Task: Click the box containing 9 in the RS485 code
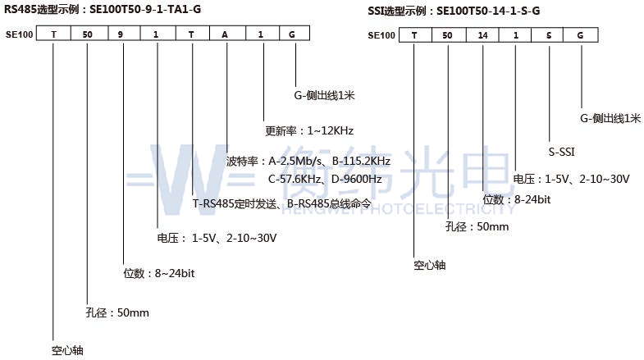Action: (124, 34)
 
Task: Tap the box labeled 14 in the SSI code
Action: (482, 35)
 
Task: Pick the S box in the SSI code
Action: (547, 35)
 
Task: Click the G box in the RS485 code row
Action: (295, 34)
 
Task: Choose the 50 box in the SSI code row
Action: (449, 35)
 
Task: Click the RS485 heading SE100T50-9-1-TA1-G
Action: (145, 9)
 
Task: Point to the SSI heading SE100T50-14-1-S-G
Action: (488, 11)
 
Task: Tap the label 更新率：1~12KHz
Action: (309, 131)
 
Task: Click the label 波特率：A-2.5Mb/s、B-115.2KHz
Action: (308, 161)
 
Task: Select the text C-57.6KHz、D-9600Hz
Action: (325, 179)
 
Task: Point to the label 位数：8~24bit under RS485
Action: (159, 273)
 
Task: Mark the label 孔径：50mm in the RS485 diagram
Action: (117, 312)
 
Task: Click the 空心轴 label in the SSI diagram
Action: (430, 265)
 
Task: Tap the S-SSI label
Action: (561, 152)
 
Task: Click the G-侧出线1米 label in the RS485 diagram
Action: (324, 96)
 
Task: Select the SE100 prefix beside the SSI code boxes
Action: (381, 35)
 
